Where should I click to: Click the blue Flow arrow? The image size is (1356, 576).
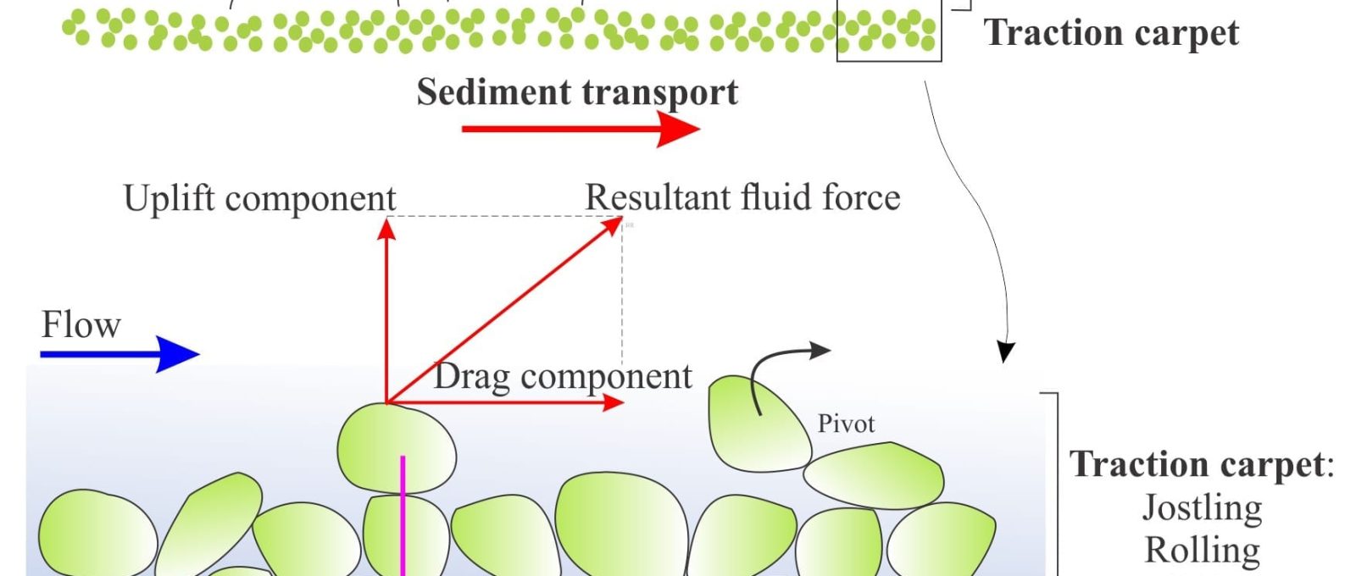tap(119, 354)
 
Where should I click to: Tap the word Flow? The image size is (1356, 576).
tap(81, 325)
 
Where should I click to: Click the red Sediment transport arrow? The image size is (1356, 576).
tap(581, 129)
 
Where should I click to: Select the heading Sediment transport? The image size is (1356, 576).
tap(577, 92)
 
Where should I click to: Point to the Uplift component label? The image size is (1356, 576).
tap(259, 198)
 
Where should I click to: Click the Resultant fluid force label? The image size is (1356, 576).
tap(742, 197)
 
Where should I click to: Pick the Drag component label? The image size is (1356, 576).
tap(563, 376)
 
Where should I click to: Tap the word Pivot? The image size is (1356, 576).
tap(846, 424)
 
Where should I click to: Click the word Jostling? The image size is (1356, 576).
tap(1202, 507)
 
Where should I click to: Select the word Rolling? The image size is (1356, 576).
tap(1203, 550)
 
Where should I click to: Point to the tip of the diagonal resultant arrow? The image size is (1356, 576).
tap(621, 218)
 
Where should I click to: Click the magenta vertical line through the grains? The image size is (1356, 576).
tap(403, 516)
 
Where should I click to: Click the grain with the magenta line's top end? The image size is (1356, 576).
tap(397, 448)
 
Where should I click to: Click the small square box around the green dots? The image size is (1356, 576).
tap(889, 30)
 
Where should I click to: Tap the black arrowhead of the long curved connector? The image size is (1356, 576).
tap(1005, 353)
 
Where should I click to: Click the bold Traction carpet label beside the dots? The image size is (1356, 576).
tap(1111, 33)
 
